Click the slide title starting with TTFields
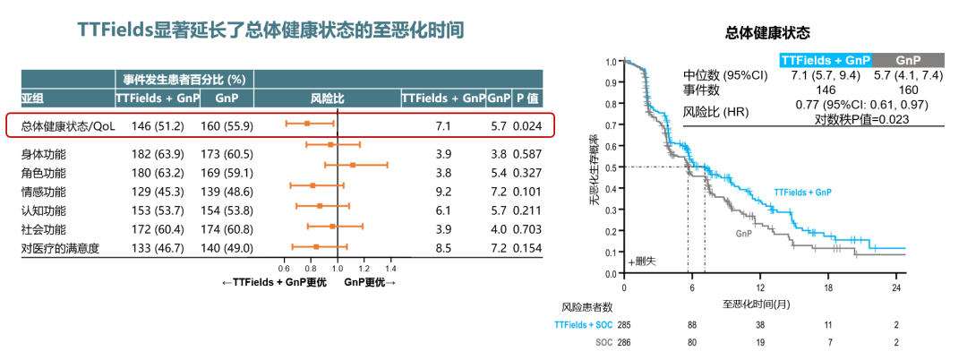pyautogui.click(x=270, y=30)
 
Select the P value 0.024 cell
pyautogui.click(x=528, y=126)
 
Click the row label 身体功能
pyautogui.click(x=43, y=154)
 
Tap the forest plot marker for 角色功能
pyautogui.click(x=353, y=165)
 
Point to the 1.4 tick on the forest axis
pyautogui.click(x=390, y=267)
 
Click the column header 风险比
pyautogui.click(x=327, y=97)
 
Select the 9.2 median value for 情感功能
pyautogui.click(x=442, y=191)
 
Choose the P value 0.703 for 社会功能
pyautogui.click(x=528, y=228)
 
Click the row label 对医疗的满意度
pyautogui.click(x=60, y=247)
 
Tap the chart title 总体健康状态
pyautogui.click(x=767, y=33)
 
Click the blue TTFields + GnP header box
pyautogui.click(x=825, y=59)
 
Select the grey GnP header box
pyautogui.click(x=908, y=59)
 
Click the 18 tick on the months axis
pyautogui.click(x=829, y=287)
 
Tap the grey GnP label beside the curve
pyautogui.click(x=743, y=233)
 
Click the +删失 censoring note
pyautogui.click(x=642, y=261)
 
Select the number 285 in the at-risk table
pyautogui.click(x=623, y=324)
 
